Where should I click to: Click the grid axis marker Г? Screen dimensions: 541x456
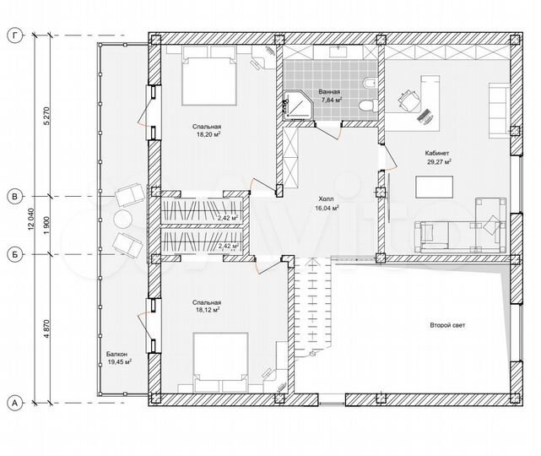(14, 35)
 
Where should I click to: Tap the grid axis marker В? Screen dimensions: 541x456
(14, 197)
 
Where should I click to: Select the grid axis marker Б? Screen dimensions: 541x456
(14, 254)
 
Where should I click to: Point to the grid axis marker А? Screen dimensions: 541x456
(14, 403)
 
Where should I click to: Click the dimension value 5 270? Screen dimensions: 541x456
(47, 117)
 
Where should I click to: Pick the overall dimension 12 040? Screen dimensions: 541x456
(31, 219)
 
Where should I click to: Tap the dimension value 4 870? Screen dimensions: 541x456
(47, 330)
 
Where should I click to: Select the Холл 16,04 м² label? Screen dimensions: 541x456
(326, 204)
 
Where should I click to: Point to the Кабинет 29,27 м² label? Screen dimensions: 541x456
(437, 157)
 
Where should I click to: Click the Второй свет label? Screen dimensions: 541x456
(447, 325)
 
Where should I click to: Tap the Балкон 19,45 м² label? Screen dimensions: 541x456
(118, 358)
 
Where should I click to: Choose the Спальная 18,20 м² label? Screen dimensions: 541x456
(208, 131)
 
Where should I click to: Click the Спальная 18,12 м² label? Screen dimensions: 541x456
(207, 307)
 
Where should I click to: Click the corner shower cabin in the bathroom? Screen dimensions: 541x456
(297, 106)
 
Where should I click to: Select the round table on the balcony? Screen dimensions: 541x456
(122, 219)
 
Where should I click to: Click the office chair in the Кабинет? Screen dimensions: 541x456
(410, 100)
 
